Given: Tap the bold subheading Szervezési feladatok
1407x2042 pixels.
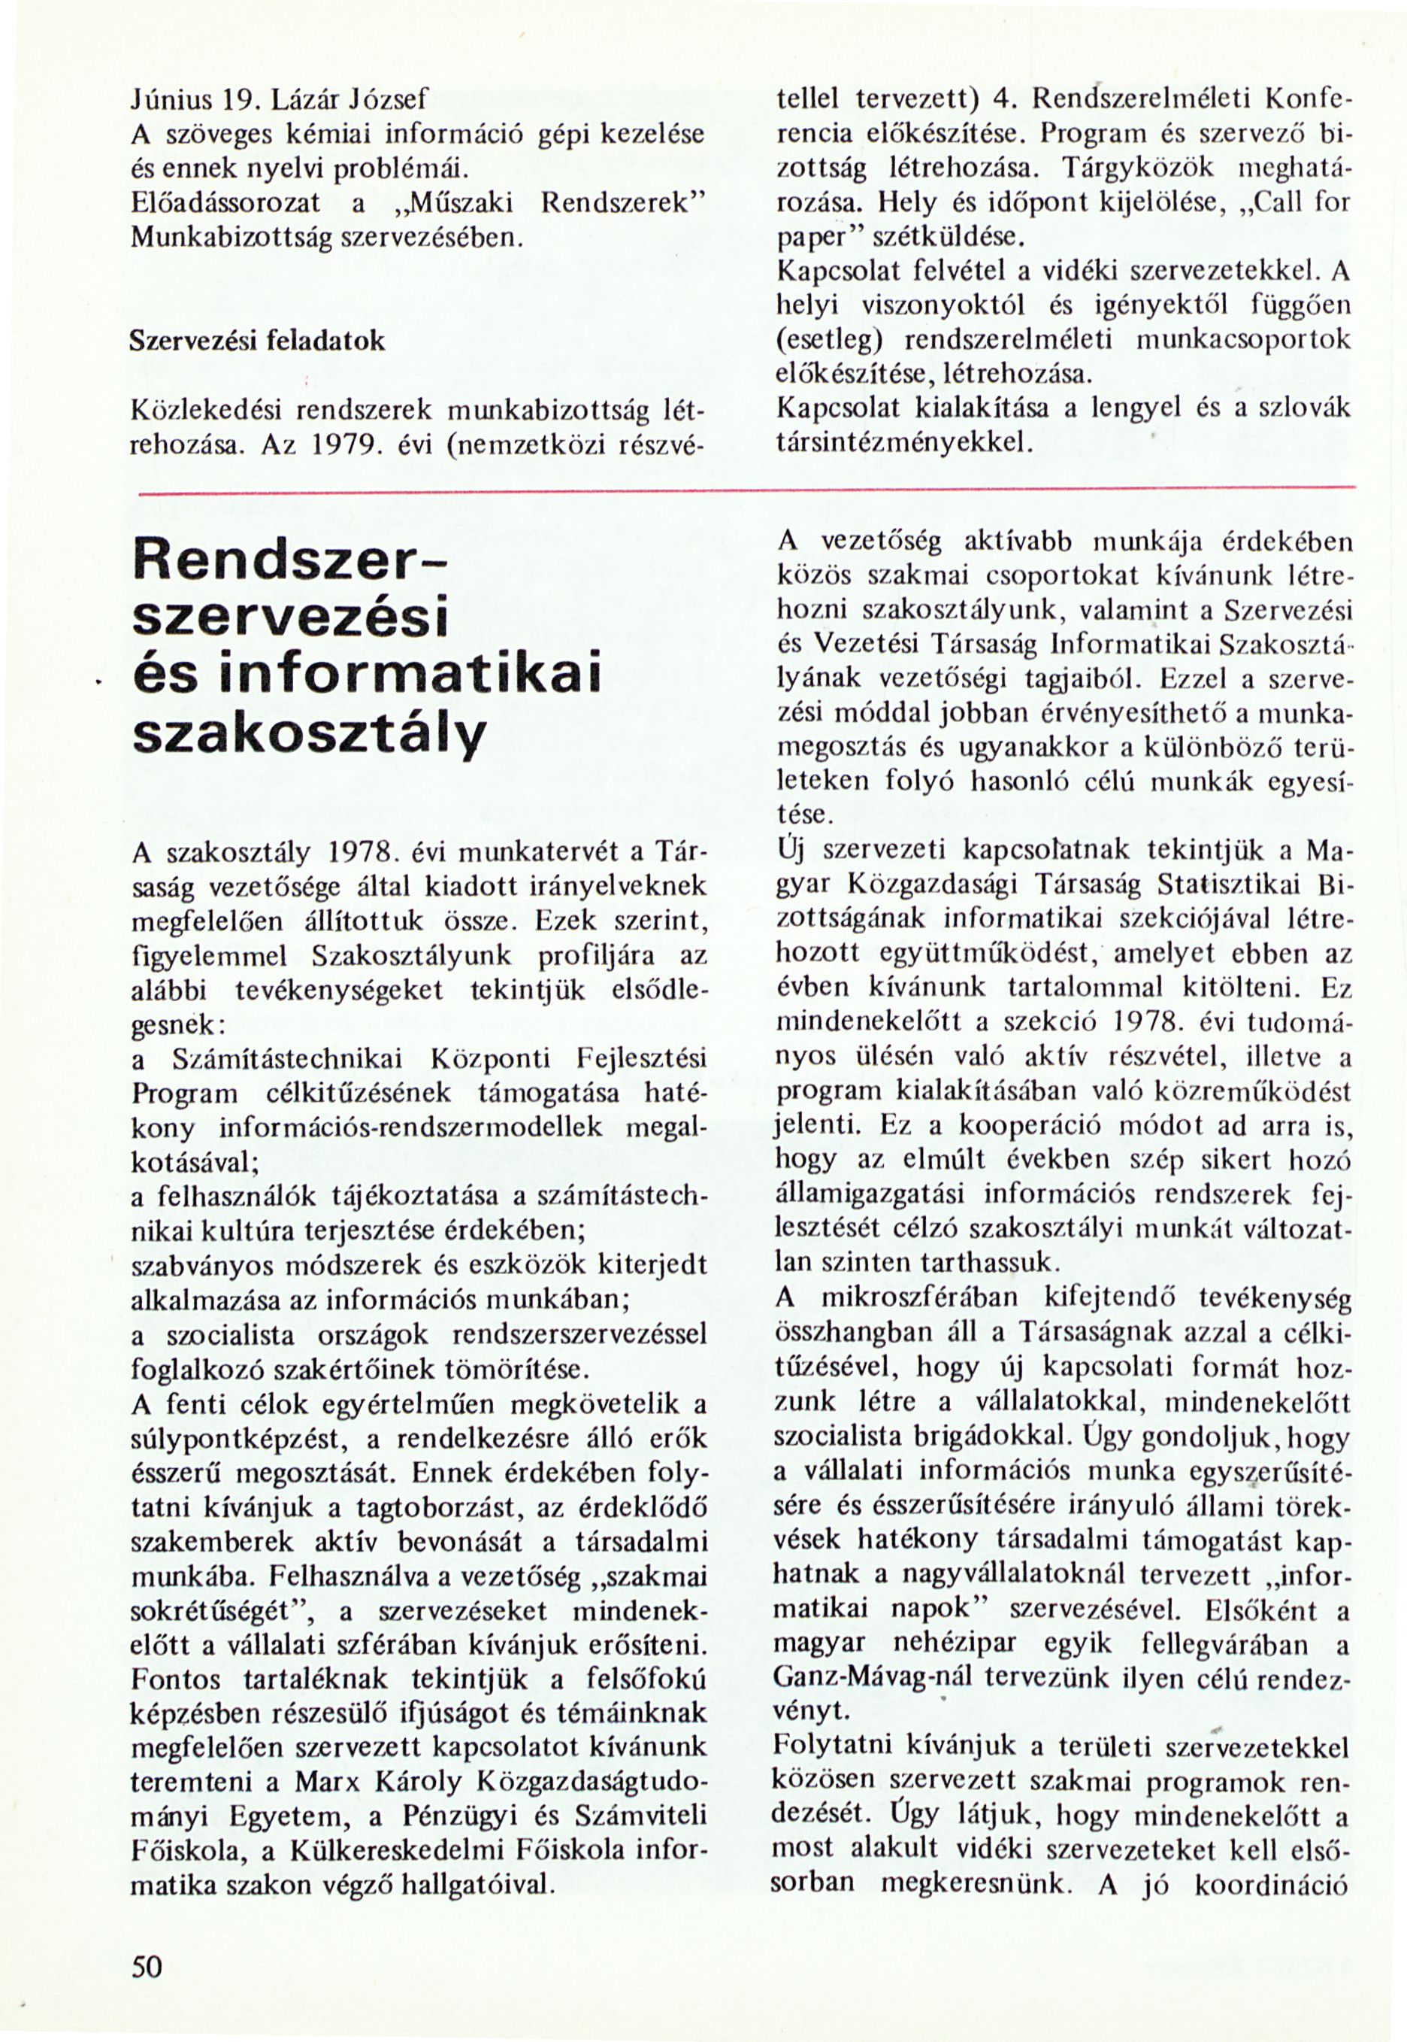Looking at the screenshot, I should pos(256,341).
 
